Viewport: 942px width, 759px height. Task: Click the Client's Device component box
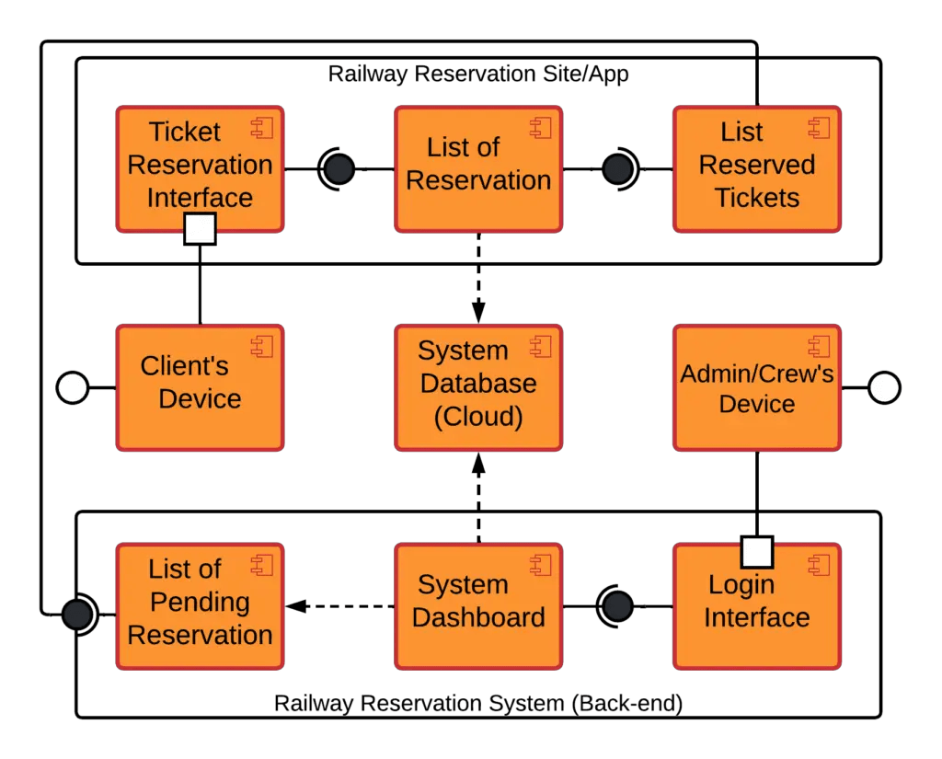[x=200, y=386]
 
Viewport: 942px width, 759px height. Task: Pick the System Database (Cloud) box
[x=477, y=386]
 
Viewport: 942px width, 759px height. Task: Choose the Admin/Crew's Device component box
[x=756, y=386]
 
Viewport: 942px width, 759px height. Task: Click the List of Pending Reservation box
[x=200, y=605]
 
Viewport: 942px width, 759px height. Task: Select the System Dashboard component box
[x=477, y=605]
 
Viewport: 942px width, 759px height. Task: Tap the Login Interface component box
[x=756, y=605]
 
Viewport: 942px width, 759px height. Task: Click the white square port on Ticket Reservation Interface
[x=200, y=229]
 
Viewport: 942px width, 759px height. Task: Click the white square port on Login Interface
[x=756, y=552]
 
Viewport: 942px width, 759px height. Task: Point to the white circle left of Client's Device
[x=73, y=388]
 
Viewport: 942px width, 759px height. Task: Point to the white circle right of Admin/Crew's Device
[x=884, y=388]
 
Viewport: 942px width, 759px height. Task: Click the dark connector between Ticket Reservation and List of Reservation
[x=339, y=169]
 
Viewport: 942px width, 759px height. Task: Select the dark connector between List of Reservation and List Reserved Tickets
[x=617, y=169]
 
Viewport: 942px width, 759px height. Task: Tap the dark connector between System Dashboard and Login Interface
[x=617, y=606]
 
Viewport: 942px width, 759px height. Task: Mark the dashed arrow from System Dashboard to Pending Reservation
[x=340, y=606]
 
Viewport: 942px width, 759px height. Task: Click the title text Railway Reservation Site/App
[x=478, y=75]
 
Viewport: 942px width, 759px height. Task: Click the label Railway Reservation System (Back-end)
[x=478, y=704]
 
